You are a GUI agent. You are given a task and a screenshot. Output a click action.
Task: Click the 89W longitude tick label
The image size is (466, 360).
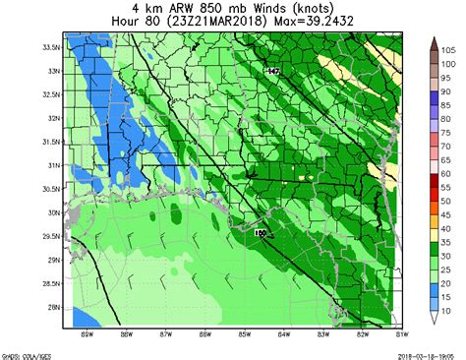(87, 332)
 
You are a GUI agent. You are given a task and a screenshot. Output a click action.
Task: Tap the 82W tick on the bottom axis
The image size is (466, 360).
(362, 332)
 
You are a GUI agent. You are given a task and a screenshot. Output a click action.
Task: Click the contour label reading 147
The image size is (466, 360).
(273, 72)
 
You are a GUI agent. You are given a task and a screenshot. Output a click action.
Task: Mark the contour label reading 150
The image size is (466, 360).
(261, 233)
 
